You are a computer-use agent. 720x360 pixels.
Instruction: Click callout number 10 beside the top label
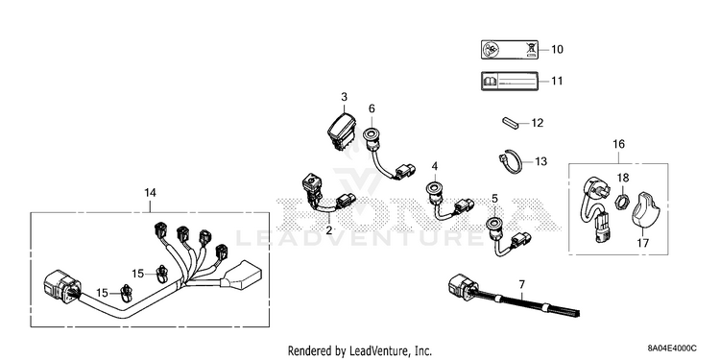557,49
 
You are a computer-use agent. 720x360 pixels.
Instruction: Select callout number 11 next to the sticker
557,82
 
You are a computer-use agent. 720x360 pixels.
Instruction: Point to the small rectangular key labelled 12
509,123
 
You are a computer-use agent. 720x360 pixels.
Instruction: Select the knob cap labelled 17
646,214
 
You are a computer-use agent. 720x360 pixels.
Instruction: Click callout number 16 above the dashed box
618,144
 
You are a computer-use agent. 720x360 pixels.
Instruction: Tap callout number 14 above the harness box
150,193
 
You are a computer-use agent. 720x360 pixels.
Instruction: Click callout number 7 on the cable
521,285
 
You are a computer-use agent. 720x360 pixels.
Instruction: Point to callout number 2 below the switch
328,230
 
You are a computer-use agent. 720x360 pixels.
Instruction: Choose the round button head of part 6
371,134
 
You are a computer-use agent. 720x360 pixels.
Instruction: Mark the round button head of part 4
434,187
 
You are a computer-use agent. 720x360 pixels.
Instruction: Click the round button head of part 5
494,224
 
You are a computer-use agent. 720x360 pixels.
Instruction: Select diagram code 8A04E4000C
672,348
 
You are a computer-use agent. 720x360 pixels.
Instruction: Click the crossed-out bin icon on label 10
531,49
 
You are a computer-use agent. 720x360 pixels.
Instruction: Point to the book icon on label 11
490,82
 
